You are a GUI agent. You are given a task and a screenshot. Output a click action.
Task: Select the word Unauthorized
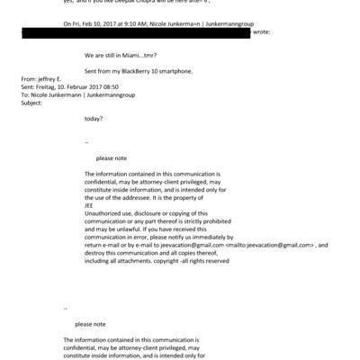(104, 211)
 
